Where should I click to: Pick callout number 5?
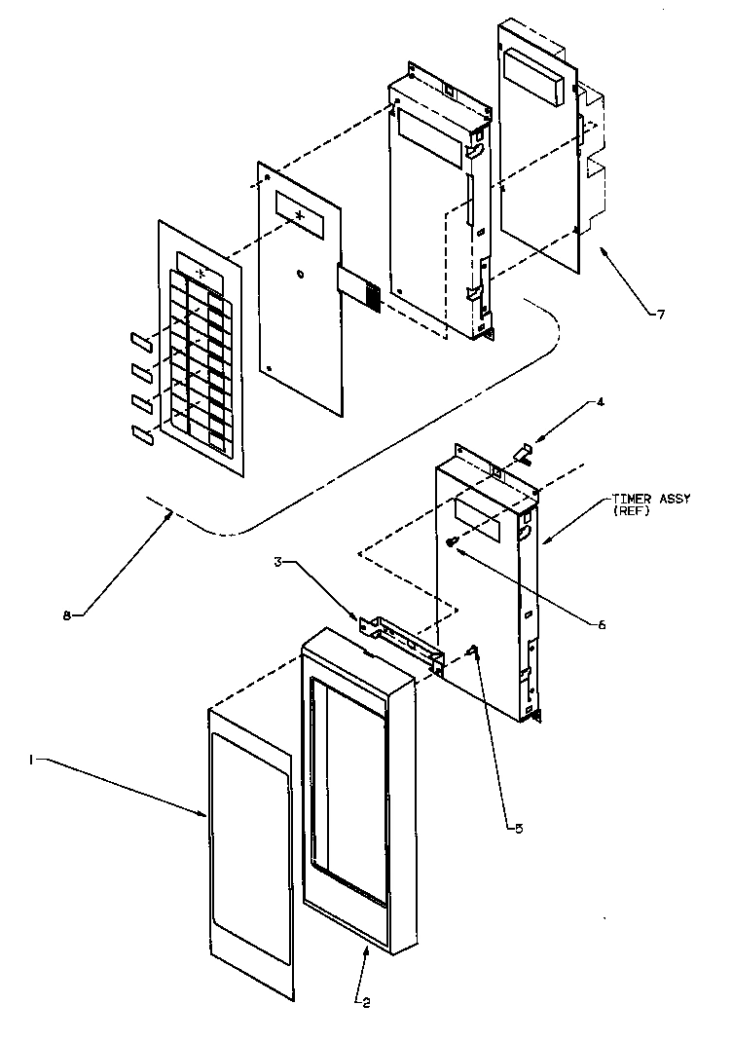point(519,828)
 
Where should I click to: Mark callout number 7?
point(661,314)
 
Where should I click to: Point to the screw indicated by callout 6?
point(452,543)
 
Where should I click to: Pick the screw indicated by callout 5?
point(475,652)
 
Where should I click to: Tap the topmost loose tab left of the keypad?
point(140,338)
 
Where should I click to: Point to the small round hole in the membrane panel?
point(301,274)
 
